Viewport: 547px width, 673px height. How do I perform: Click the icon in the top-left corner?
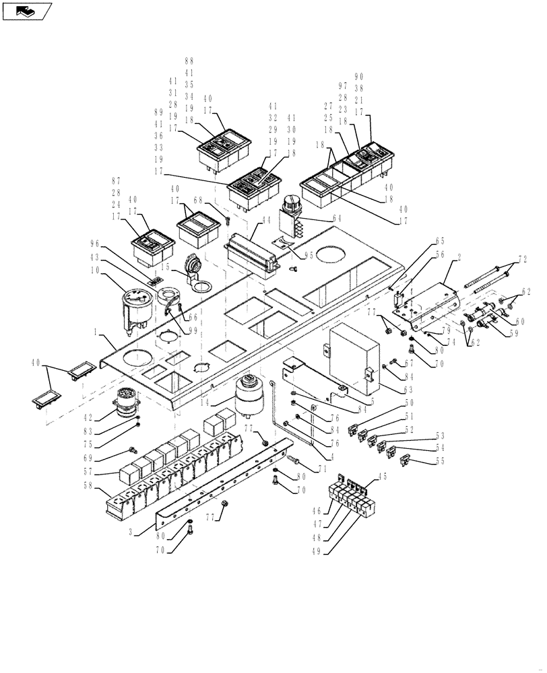pyautogui.click(x=26, y=11)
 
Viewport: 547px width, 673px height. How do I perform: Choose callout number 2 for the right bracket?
pyautogui.click(x=459, y=258)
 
